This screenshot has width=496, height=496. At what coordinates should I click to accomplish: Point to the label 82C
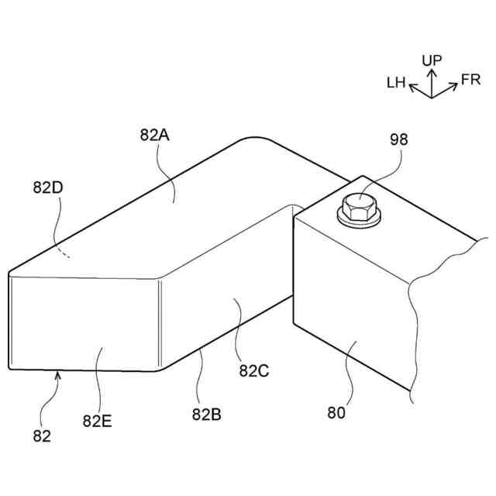tap(253, 370)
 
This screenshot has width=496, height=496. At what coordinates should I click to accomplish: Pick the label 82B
tap(205, 414)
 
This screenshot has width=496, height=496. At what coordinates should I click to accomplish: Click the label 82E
tap(98, 421)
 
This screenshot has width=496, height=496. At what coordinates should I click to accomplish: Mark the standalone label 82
tap(42, 436)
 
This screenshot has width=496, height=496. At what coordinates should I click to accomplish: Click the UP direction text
tap(432, 60)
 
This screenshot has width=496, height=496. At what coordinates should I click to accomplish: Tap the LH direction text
tap(396, 82)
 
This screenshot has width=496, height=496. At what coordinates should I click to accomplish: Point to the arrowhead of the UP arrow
tap(432, 71)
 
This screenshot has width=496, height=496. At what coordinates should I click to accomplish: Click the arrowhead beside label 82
tap(57, 376)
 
